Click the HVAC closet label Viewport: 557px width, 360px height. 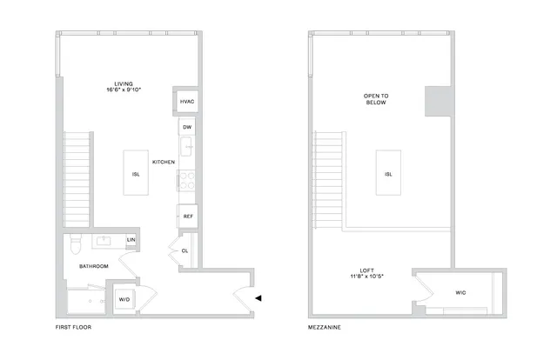tap(187, 102)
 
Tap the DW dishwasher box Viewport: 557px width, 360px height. tap(187, 127)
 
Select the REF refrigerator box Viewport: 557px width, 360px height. tap(188, 217)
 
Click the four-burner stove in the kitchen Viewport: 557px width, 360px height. tap(187, 180)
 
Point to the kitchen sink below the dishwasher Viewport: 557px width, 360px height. tap(186, 147)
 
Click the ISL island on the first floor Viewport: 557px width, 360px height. tap(136, 172)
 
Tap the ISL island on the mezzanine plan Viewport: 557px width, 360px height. tap(388, 172)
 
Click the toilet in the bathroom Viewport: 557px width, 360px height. tap(76, 243)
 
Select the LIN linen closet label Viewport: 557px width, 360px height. tap(131, 240)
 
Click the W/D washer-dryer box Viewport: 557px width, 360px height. tap(124, 299)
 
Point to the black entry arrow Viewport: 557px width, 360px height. tap(258, 298)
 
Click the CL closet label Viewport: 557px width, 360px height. tap(185, 251)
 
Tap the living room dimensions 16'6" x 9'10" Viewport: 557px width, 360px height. tap(124, 90)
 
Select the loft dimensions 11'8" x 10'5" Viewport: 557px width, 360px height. tap(367, 276)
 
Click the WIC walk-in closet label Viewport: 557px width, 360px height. tap(460, 292)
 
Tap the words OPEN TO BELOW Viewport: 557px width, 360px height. tap(376, 99)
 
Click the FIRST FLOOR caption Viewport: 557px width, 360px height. tap(73, 327)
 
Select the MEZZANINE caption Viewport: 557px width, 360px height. tap(325, 327)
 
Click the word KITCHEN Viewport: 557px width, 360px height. tap(164, 162)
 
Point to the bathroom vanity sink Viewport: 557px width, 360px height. tap(104, 241)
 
